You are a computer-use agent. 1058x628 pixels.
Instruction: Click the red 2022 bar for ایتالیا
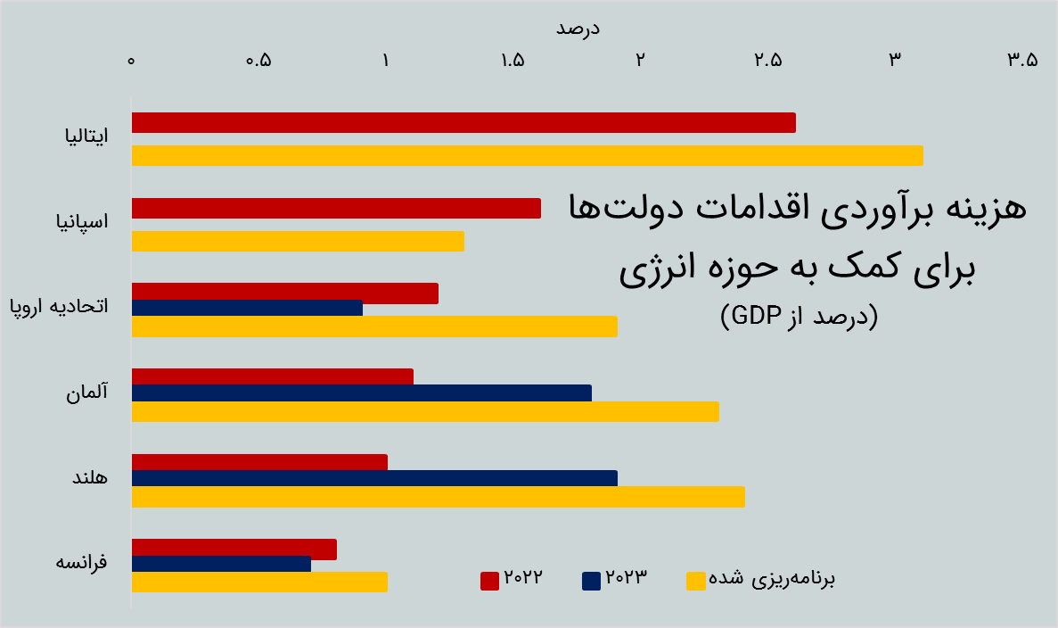point(463,123)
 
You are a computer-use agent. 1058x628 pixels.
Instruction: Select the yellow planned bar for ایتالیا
point(527,155)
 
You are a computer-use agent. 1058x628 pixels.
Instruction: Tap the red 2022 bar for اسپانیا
point(336,208)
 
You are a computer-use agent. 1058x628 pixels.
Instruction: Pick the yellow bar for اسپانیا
point(298,241)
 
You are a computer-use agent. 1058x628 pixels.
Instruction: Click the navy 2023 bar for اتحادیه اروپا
point(247,308)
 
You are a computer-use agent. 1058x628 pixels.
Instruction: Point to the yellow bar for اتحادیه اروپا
point(374,326)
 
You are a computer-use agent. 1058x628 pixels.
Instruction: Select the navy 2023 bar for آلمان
point(361,393)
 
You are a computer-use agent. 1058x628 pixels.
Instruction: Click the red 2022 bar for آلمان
point(272,376)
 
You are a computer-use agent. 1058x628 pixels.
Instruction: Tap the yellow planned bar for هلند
point(438,497)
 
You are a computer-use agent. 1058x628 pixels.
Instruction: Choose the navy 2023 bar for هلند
point(374,478)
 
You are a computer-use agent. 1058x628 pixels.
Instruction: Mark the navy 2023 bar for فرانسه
point(221,564)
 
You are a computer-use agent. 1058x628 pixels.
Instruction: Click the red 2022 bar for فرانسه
point(234,549)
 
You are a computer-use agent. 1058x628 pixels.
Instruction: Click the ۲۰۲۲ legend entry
point(512,579)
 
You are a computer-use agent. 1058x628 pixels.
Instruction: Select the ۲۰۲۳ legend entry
point(614,579)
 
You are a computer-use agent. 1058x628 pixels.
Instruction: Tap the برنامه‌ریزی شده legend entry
point(761,580)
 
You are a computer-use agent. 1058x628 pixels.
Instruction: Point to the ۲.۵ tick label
point(767,61)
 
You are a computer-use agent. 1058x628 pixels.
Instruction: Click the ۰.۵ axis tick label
point(258,61)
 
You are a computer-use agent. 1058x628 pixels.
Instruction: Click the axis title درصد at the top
point(578,29)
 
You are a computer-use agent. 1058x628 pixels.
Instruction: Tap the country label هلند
point(89,478)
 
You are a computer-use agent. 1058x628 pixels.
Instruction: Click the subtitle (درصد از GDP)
point(799,316)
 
